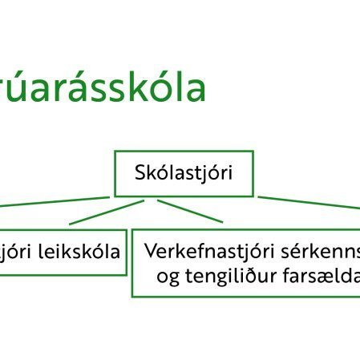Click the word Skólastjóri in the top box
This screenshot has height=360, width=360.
tap(184, 172)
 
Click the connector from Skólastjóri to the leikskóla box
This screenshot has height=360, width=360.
tap(104, 212)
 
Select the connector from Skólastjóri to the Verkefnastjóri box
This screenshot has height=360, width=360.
tap(189, 210)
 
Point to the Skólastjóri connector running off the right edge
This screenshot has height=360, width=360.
tap(313, 203)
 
